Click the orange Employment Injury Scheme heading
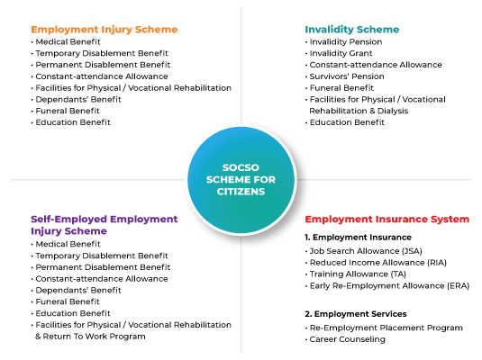point(105,30)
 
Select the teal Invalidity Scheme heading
point(352,30)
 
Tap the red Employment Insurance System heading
point(387,220)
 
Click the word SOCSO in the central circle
point(241,167)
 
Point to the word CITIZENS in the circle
point(241,192)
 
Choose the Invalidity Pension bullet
point(346,41)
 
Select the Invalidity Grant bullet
point(341,53)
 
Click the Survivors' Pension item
point(347,76)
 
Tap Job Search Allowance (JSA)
point(366,251)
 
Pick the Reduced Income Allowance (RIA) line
point(377,263)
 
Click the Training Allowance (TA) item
point(358,274)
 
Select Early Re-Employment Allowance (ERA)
point(389,286)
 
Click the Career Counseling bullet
point(347,339)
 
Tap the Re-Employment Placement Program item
point(386,328)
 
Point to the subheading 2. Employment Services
point(356,314)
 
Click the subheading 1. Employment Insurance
point(358,238)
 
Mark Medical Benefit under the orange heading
point(68,41)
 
